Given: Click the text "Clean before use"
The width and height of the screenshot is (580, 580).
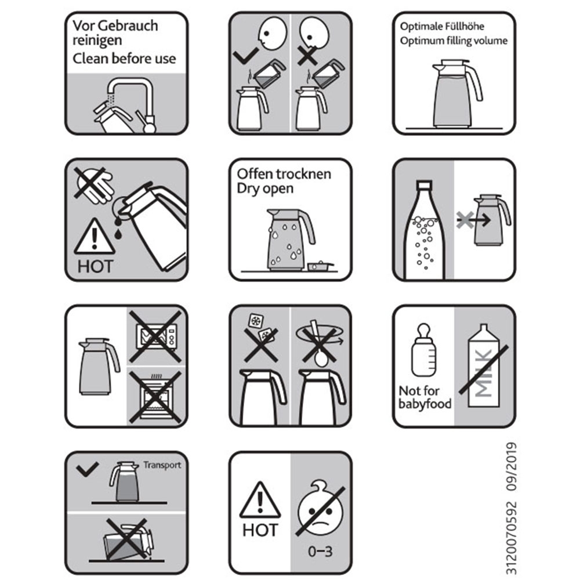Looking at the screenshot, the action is (124, 59).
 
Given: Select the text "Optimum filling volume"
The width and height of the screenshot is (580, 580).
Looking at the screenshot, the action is (454, 41).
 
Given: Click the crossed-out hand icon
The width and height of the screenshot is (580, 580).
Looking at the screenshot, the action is (94, 184).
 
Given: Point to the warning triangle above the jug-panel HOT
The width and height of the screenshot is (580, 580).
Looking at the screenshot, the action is (95, 237).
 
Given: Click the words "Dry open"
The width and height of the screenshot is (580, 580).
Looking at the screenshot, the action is (265, 188).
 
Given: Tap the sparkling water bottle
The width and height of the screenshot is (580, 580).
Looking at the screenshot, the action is (425, 229).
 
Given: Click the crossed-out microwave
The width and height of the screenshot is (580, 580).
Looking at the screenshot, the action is (155, 336).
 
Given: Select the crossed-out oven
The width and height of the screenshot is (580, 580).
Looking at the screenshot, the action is (155, 397).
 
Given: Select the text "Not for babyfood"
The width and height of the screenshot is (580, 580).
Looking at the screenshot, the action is (425, 397).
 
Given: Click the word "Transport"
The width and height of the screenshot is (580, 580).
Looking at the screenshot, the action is (162, 465).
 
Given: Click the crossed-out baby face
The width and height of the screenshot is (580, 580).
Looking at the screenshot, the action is (320, 509).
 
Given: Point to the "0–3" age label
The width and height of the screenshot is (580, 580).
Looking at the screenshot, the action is (320, 552).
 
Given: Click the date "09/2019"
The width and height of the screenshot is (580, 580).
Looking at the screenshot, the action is (511, 467).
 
